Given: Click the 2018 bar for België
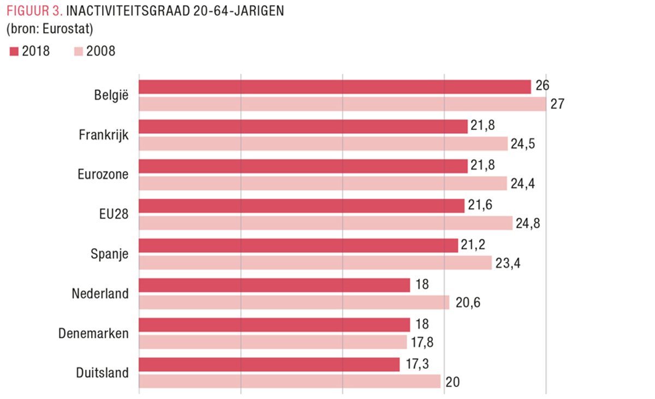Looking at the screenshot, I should [335, 87].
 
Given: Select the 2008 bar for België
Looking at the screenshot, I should [342, 104].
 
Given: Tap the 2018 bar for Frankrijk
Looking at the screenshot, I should [303, 127].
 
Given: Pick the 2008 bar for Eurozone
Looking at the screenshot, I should [323, 183].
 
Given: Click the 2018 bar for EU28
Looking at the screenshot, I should [301, 206].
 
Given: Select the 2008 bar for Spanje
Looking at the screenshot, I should [315, 263].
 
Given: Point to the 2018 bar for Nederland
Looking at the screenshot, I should [274, 285].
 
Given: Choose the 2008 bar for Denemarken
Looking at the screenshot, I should [273, 342].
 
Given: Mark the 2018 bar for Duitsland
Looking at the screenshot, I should [269, 365].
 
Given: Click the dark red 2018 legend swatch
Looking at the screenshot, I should [14, 52].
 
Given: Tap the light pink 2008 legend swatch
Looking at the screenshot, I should [78, 52].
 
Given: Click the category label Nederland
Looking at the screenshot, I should [100, 294].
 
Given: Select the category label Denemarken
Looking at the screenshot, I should [94, 334].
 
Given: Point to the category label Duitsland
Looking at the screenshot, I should [103, 373].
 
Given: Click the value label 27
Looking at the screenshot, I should [557, 104].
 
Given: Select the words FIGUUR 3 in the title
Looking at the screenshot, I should [32, 11].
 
